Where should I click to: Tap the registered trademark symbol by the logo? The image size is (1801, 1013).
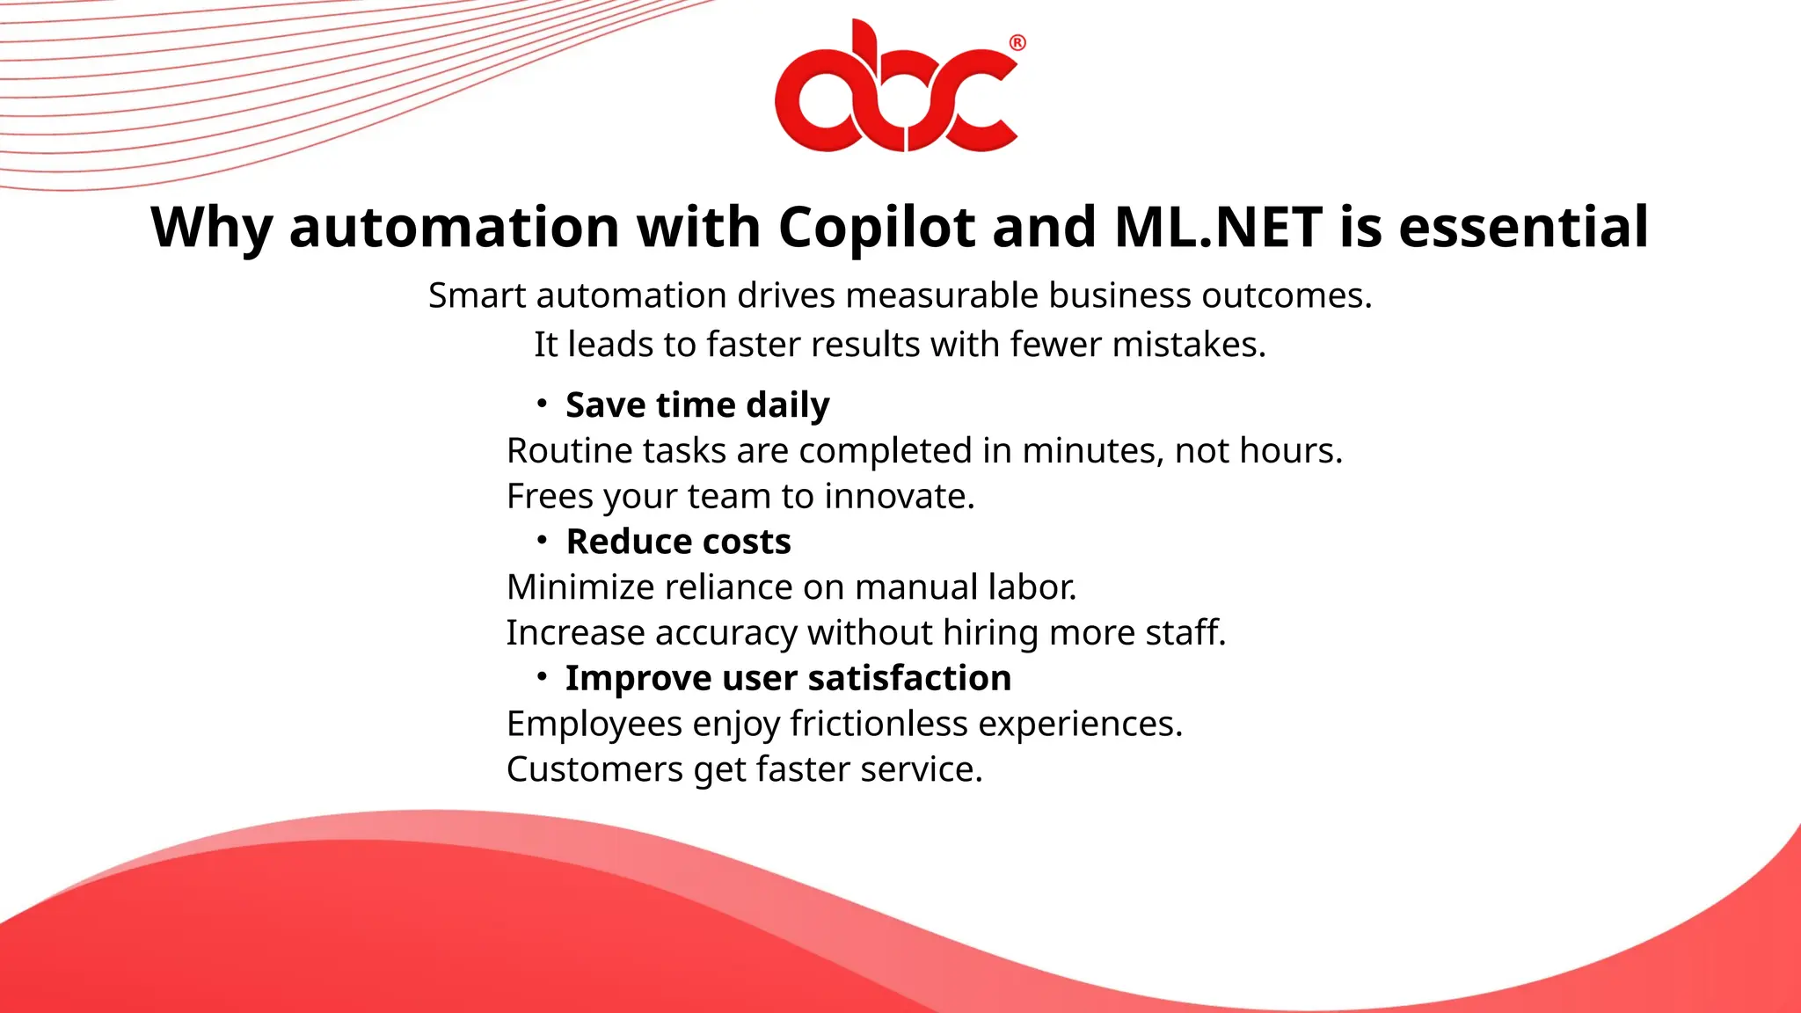click(1017, 43)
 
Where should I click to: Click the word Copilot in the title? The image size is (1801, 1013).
click(876, 227)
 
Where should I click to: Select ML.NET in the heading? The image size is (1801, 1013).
click(1218, 227)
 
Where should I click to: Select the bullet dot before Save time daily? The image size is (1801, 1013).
click(543, 404)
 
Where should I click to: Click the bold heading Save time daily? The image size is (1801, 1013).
click(697, 405)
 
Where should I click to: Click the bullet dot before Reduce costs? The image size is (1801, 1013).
click(543, 540)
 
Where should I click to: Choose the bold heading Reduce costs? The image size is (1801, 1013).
click(678, 542)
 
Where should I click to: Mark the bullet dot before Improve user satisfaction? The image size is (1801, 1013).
click(543, 677)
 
